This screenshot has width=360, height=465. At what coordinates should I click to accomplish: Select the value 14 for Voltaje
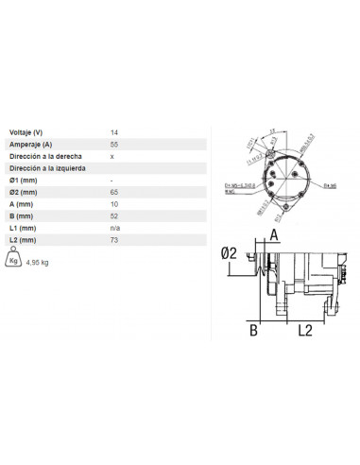click(114, 131)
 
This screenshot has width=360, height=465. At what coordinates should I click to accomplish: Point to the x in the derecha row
click(112, 155)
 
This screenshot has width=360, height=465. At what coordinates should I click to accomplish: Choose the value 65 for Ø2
click(114, 192)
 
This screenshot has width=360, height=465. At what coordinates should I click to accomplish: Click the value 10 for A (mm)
click(114, 204)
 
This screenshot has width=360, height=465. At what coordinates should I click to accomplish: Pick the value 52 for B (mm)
click(114, 216)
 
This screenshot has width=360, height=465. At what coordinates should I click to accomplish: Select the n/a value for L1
click(115, 229)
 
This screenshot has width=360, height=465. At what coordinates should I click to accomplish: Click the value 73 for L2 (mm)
click(114, 241)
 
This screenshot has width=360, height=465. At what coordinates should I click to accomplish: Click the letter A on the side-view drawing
click(272, 235)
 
